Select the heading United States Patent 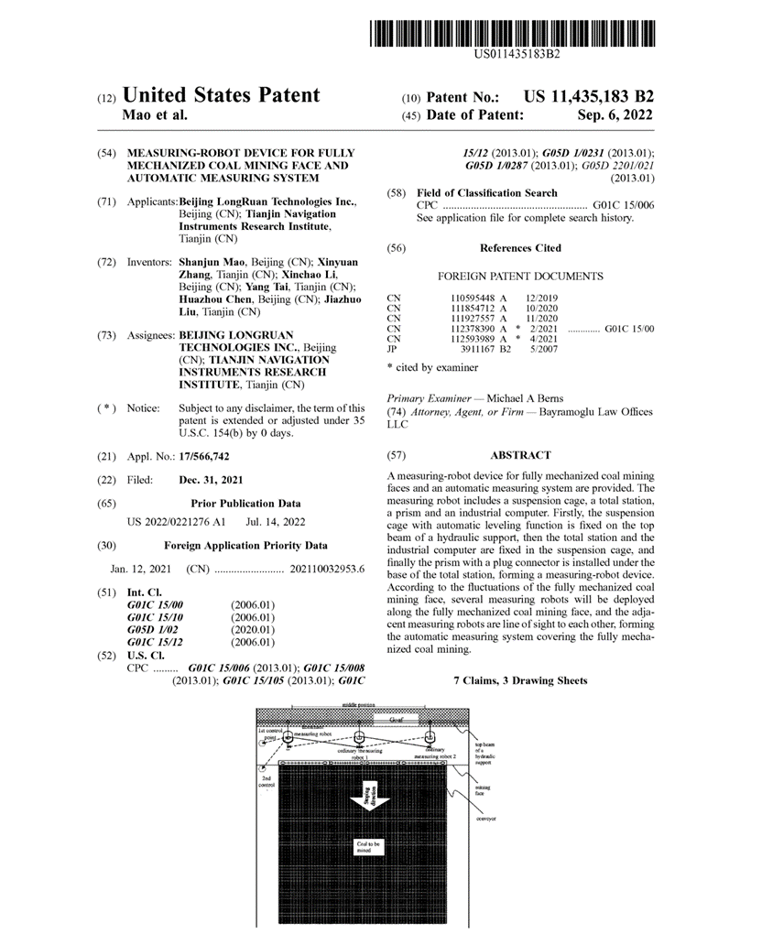coord(221,96)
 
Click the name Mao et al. coord(154,116)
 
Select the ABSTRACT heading coord(520,455)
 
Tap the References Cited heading coord(520,248)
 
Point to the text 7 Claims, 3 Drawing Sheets coord(520,681)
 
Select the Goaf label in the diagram coord(395,721)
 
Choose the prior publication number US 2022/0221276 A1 coord(175,522)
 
